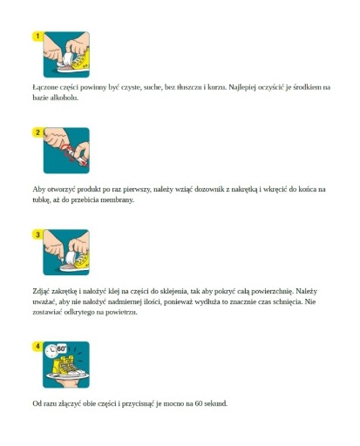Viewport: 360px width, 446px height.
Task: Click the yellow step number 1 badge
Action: (x=37, y=37)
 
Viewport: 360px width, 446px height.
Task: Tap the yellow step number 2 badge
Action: (x=37, y=132)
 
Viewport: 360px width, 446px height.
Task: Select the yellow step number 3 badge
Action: (x=37, y=234)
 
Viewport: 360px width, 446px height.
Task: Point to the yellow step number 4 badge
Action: (x=37, y=347)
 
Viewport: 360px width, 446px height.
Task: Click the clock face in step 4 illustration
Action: (x=51, y=351)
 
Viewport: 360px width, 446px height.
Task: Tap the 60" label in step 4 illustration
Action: (x=62, y=348)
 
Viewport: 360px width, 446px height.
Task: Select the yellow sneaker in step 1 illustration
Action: (x=80, y=62)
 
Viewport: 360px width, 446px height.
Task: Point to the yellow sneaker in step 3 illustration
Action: (x=82, y=261)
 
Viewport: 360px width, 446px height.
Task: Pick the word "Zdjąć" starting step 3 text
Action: (x=41, y=291)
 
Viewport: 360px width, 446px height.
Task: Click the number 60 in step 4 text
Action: (x=199, y=403)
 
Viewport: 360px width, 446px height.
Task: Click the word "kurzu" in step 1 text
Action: (x=217, y=87)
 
